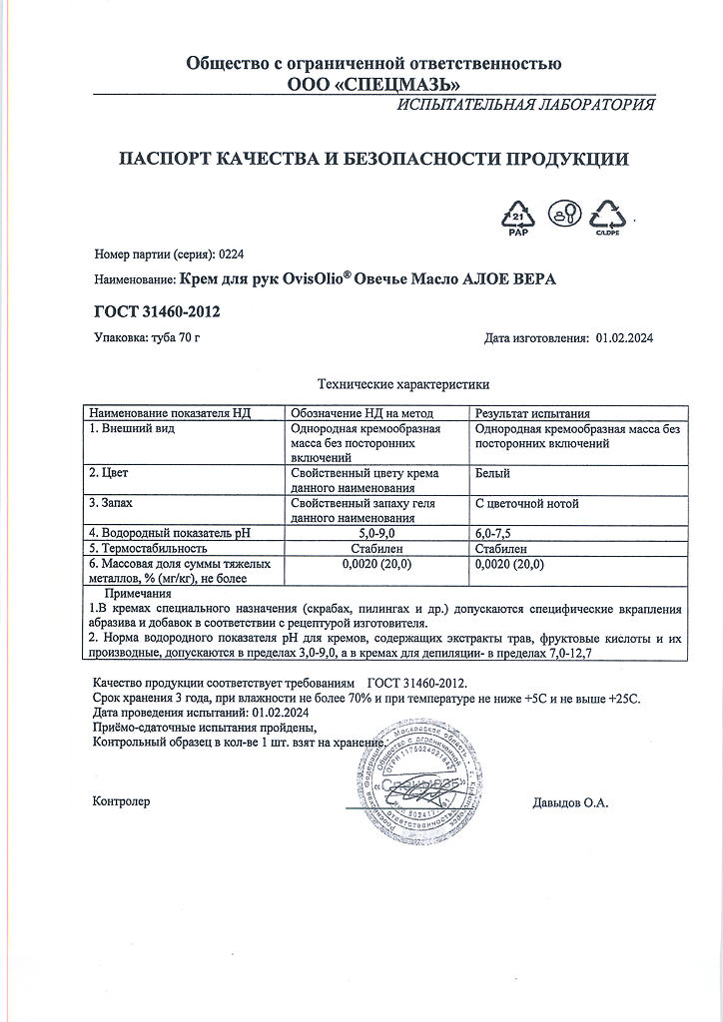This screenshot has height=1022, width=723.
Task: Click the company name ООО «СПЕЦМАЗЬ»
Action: pyautogui.click(x=373, y=85)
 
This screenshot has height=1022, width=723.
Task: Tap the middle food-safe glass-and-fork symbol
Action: pyautogui.click(x=565, y=214)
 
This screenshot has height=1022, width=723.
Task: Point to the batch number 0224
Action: pyautogui.click(x=231, y=255)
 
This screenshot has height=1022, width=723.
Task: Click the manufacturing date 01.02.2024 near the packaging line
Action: pyautogui.click(x=624, y=338)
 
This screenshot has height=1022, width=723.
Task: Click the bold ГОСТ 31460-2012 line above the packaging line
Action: pyautogui.click(x=157, y=312)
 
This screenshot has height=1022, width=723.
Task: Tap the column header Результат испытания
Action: pyautogui.click(x=532, y=412)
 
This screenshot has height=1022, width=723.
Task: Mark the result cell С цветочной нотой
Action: pyautogui.click(x=527, y=503)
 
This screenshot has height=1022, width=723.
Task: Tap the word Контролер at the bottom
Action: pyautogui.click(x=121, y=801)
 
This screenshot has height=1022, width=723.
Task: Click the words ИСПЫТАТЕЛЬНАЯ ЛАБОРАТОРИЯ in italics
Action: pyautogui.click(x=526, y=106)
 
